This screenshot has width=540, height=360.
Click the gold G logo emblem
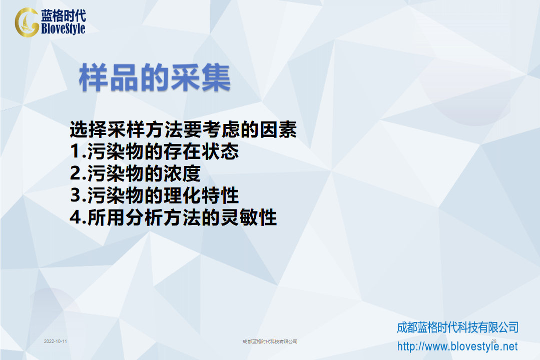(26, 22)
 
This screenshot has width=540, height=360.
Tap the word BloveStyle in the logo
(63, 28)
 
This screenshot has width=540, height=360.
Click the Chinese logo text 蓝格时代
(64, 15)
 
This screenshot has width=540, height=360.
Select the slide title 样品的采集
(155, 78)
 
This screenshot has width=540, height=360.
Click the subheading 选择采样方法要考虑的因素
(183, 130)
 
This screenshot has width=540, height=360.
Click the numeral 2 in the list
(76, 173)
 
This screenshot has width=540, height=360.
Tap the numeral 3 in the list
(76, 195)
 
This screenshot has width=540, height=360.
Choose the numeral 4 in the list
(76, 217)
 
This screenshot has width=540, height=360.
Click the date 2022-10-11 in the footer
(56, 341)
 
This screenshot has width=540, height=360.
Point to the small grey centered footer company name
(270, 341)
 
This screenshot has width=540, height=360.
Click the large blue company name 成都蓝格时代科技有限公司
(458, 327)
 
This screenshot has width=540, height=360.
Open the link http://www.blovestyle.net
(457, 346)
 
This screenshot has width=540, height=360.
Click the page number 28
(494, 341)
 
